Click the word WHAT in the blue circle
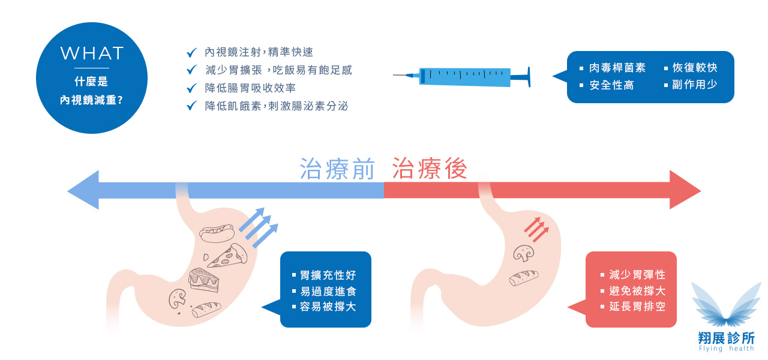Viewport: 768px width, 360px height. pos(92,53)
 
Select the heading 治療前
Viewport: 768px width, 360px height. pos(338,169)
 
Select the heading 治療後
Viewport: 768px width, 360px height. pos(430,169)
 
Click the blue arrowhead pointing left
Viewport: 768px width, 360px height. pos(83,190)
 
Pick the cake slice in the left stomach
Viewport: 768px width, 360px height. pos(203,280)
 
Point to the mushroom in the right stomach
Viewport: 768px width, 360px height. pos(524,253)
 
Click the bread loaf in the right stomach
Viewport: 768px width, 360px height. pos(524,277)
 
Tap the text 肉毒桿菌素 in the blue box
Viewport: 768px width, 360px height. pos(617,68)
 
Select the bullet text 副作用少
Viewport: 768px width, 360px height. pos(694,85)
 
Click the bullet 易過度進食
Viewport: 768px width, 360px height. pos(328,291)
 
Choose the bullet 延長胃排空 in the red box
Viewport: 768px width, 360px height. pos(637,307)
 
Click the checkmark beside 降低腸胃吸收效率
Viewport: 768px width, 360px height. pos(192,88)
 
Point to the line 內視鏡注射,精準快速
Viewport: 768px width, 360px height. pos(259,53)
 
